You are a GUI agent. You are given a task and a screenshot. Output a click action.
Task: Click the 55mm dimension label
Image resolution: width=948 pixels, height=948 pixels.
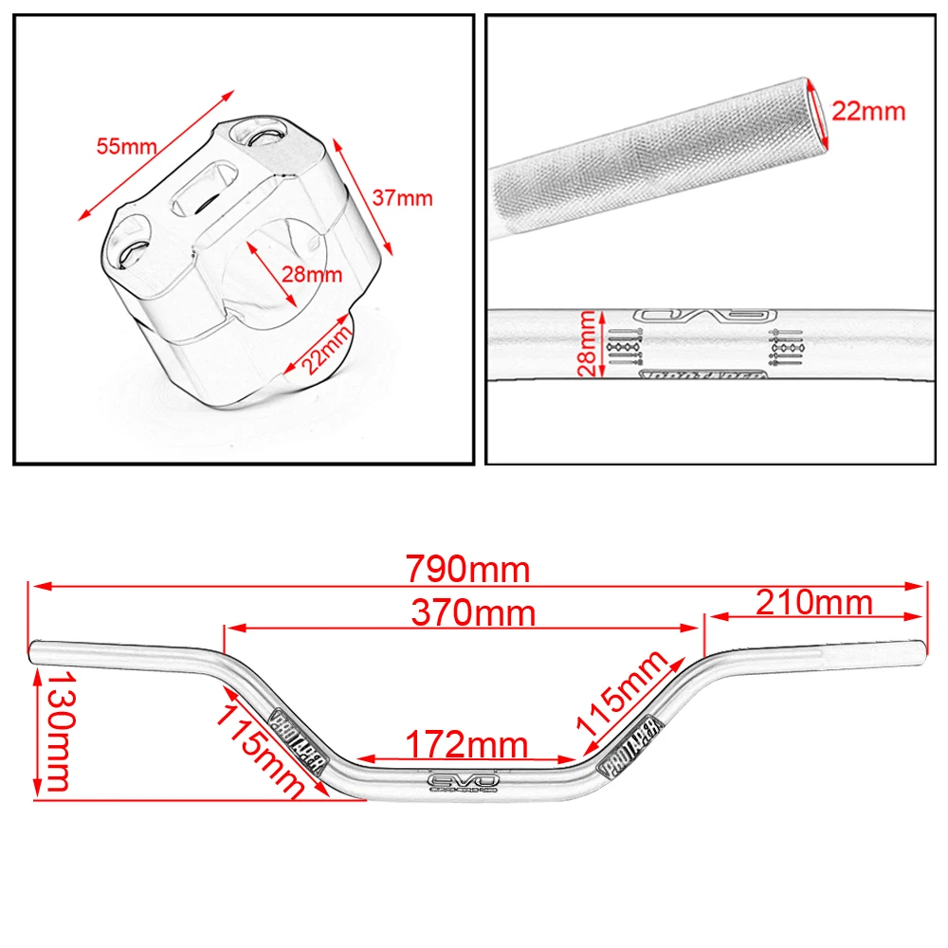tap(125, 147)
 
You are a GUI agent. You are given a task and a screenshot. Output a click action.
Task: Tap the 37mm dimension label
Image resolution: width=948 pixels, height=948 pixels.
tap(402, 198)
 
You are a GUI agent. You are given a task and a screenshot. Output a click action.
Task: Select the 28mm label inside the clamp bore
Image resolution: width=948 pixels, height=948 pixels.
tap(311, 276)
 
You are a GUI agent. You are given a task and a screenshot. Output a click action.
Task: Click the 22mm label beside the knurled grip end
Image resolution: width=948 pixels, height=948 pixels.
tap(868, 111)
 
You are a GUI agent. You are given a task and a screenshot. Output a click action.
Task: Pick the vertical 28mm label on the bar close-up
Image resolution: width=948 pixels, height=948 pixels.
tap(589, 344)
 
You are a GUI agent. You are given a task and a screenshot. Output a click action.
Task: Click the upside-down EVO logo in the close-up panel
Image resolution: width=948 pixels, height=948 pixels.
tap(703, 317)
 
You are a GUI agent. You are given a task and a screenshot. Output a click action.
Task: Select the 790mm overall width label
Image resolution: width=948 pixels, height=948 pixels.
tap(468, 569)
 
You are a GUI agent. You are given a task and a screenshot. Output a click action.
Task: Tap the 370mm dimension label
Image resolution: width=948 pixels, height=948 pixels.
tap(473, 613)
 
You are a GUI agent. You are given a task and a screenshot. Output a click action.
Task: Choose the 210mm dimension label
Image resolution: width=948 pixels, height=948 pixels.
tap(813, 602)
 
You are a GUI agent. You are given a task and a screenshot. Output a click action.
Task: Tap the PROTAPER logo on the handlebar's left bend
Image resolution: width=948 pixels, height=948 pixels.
tap(299, 743)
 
